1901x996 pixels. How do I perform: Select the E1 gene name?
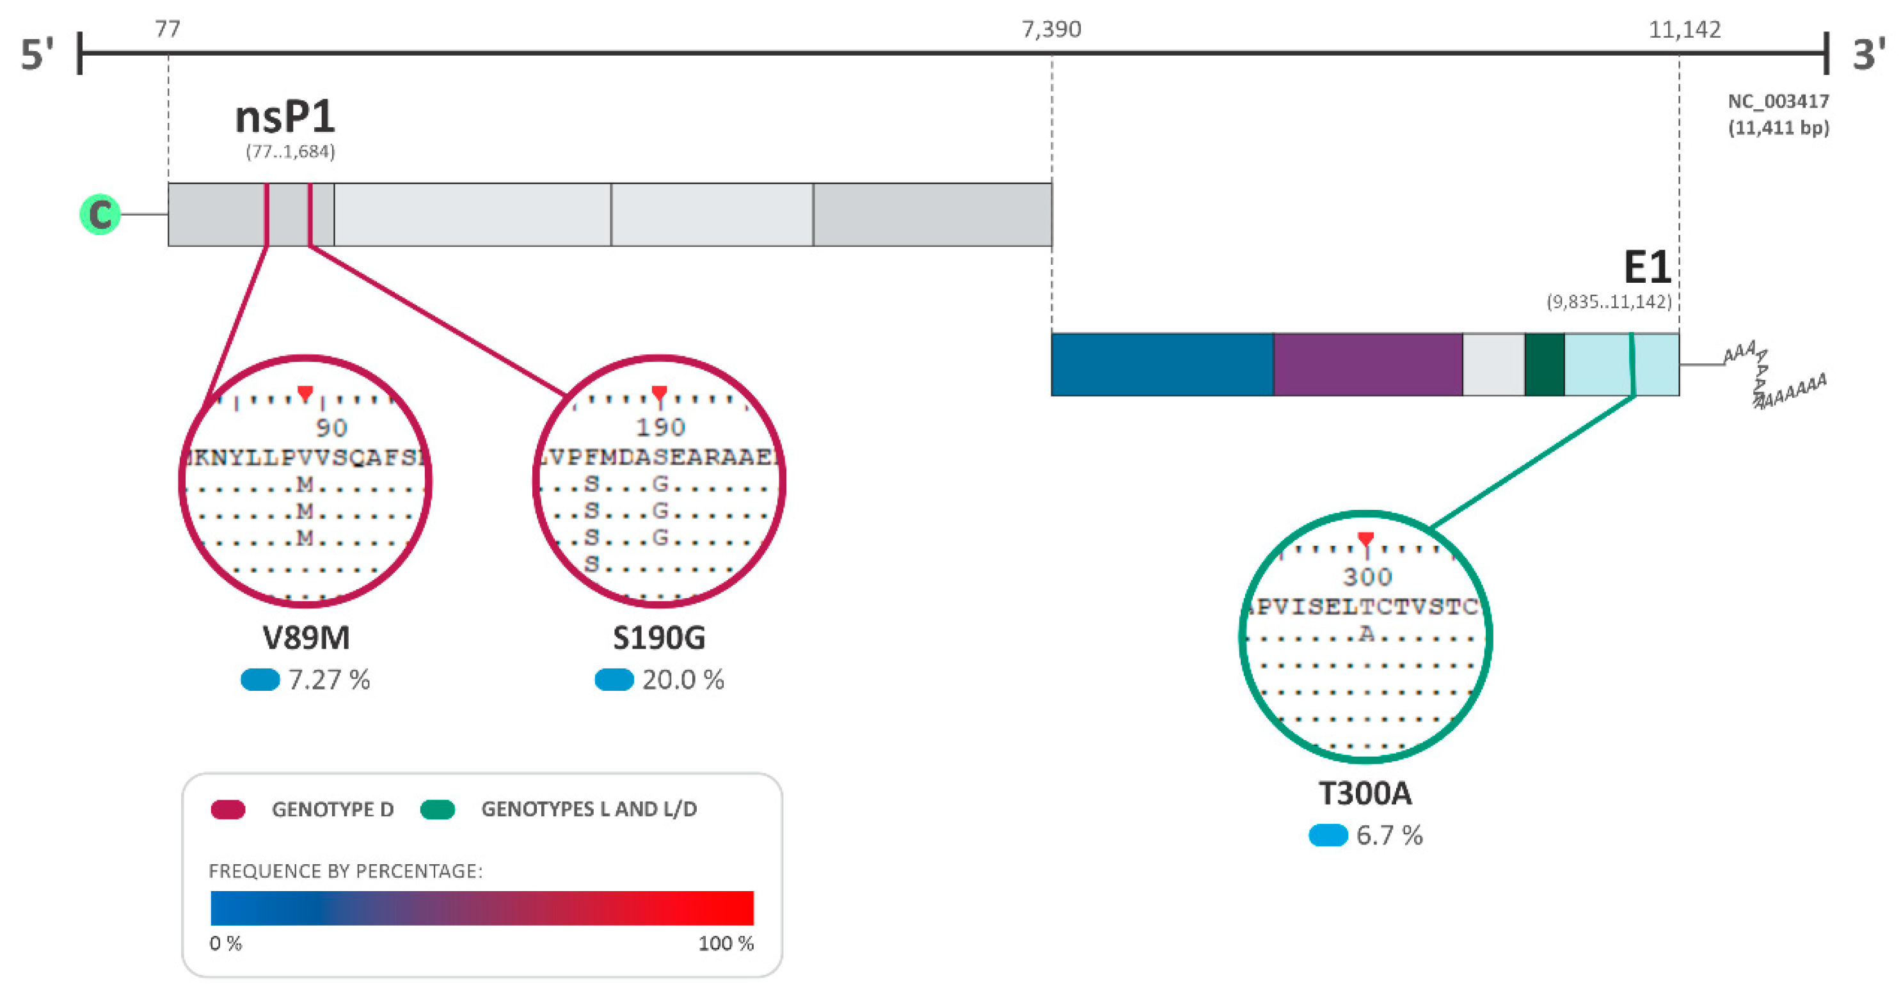click(1646, 267)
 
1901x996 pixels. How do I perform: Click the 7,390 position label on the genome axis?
click(1051, 29)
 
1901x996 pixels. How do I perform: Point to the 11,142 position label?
click(1684, 29)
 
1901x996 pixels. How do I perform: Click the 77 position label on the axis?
click(168, 29)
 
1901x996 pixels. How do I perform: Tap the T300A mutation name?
click(1365, 794)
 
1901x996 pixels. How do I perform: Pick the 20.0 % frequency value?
click(683, 680)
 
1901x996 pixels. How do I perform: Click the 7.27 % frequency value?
click(329, 680)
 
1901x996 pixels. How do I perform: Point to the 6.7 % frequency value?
click(1389, 836)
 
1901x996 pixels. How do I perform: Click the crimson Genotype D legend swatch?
click(228, 810)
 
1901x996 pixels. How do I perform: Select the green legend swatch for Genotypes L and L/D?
click(438, 810)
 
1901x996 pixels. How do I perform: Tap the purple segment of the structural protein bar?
click(1367, 365)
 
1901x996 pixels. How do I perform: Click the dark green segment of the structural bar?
click(1544, 365)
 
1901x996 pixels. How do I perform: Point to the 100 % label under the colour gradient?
click(726, 944)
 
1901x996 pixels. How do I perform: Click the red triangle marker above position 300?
click(1365, 539)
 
